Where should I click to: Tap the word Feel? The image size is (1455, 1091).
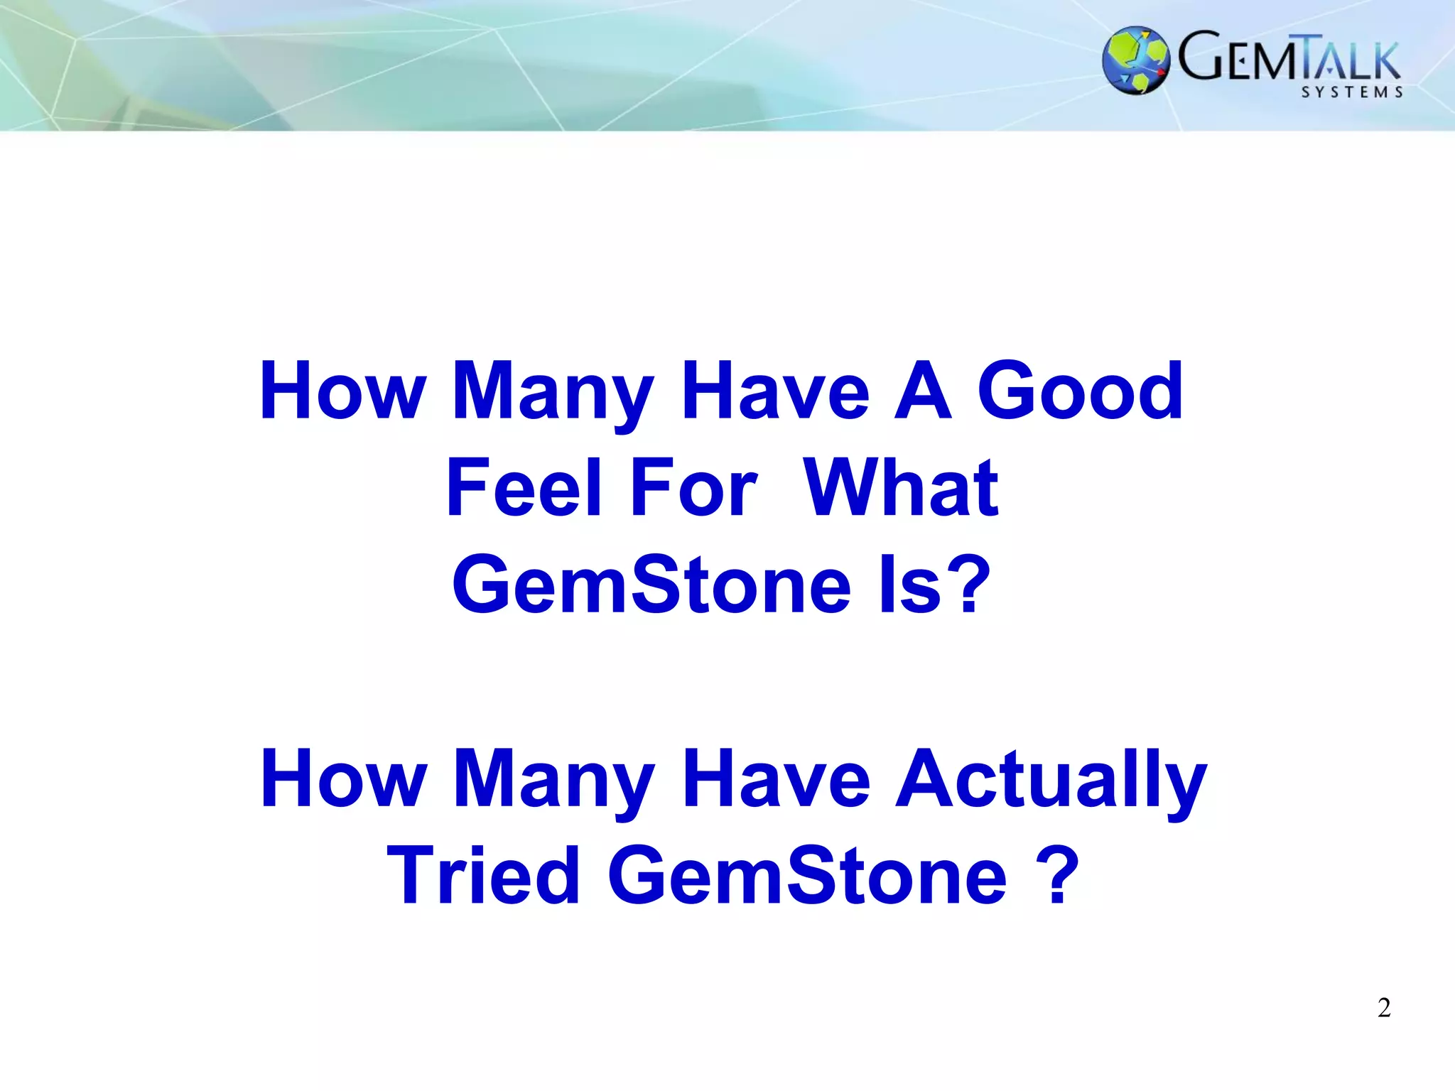click(x=524, y=488)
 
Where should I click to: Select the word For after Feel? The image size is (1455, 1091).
click(x=693, y=488)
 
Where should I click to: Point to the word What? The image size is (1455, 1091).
click(x=901, y=488)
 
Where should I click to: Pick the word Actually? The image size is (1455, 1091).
click(x=1051, y=779)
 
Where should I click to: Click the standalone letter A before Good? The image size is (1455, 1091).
click(x=922, y=391)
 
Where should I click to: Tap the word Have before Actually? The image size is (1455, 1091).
click(x=776, y=779)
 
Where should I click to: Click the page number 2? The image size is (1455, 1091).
click(x=1384, y=1008)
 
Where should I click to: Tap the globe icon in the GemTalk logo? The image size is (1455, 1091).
click(x=1136, y=60)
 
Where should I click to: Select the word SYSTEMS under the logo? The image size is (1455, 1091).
click(x=1352, y=92)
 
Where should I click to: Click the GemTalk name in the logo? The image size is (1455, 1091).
click(x=1289, y=58)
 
